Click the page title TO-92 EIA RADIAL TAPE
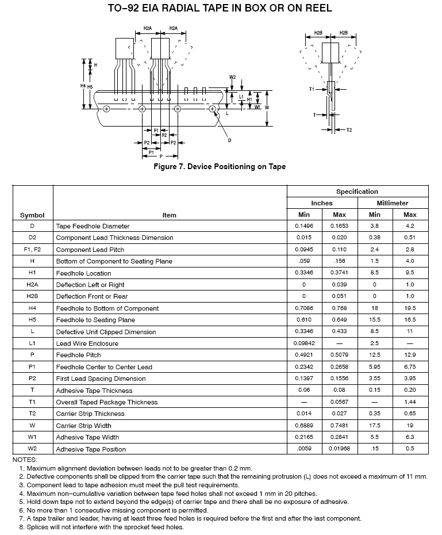coord(220,9)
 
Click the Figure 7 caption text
coord(220,167)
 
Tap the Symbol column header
coord(32,215)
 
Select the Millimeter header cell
coord(393,203)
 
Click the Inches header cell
coord(322,203)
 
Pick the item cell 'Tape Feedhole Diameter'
coord(93,226)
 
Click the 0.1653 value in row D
coord(339,226)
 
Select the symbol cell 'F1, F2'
coord(32,250)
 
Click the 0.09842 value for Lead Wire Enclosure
coord(304,343)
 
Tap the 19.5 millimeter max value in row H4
coord(410,308)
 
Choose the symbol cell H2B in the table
coord(32,296)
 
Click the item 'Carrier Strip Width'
coord(84,426)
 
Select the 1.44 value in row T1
coord(410,402)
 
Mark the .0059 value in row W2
coord(304,449)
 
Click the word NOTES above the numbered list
coord(25,460)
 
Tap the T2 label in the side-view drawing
coord(349,130)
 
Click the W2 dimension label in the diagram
coord(232,77)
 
